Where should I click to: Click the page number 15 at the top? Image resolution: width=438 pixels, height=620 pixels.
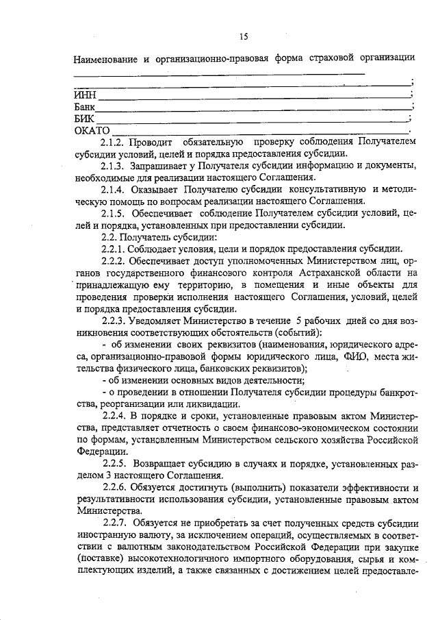pyautogui.click(x=243, y=36)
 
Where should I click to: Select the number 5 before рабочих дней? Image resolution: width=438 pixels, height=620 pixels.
pyautogui.click(x=300, y=319)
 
